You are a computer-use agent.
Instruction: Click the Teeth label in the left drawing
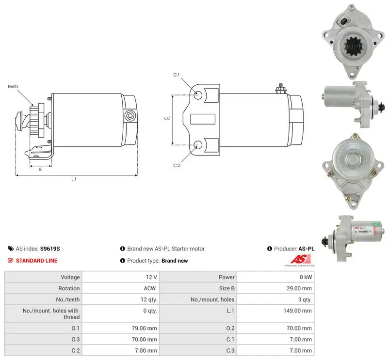pos(13,86)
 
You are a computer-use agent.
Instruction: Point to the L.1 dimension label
pos(74,179)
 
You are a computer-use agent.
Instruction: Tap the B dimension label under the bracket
pos(40,170)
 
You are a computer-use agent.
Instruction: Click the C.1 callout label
pos(177,75)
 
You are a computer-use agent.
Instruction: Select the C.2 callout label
pos(177,165)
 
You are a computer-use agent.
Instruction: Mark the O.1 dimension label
pos(167,118)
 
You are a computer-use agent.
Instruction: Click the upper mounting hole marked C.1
pos(198,95)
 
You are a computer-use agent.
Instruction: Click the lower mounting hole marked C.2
pos(198,145)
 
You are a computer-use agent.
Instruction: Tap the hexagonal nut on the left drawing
pos(129,116)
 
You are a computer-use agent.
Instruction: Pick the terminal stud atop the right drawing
pos(281,89)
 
